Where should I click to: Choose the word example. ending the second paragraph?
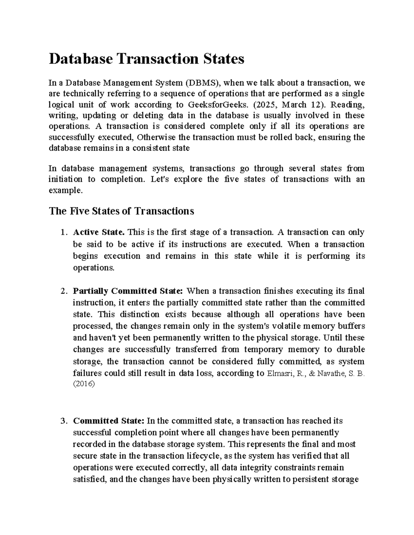[66, 190]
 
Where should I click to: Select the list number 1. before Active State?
[62, 233]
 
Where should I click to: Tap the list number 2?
[62, 291]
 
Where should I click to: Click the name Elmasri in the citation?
[279, 373]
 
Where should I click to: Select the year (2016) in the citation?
[83, 384]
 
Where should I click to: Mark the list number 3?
[62, 421]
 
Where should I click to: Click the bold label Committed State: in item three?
[109, 421]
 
